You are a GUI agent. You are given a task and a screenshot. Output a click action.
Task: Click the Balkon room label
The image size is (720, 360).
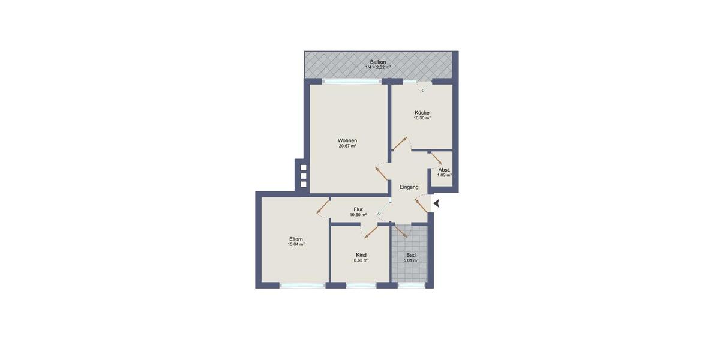378,62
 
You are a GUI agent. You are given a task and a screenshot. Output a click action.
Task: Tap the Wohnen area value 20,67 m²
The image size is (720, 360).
347,146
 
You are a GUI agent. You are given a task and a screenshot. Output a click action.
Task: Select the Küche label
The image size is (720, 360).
422,113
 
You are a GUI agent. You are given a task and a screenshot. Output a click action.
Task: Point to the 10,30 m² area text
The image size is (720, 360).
422,118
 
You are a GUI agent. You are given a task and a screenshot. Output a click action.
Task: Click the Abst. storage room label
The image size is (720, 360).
444,170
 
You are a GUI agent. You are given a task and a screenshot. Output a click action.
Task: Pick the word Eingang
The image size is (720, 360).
409,187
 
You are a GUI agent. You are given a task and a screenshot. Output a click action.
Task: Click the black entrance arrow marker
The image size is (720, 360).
436,204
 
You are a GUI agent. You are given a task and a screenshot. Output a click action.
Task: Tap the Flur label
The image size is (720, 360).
358,209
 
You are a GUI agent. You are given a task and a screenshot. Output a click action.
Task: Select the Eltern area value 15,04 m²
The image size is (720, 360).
296,245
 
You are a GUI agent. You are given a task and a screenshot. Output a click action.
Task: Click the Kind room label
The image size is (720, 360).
361,255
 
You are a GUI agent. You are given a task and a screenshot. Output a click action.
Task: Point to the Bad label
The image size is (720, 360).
411,255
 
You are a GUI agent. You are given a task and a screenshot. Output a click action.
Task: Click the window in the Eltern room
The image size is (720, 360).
303,285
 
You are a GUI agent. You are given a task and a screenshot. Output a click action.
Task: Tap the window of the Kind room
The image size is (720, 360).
361,285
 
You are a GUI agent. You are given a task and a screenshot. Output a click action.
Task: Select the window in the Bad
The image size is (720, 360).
411,285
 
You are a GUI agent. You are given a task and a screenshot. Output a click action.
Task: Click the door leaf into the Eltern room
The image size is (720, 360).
323,206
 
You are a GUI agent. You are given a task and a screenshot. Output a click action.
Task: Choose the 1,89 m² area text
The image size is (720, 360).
444,175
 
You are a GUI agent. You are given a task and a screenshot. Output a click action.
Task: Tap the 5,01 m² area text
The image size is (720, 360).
411,260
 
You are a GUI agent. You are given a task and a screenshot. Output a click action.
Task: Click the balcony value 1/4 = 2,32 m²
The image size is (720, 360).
378,67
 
